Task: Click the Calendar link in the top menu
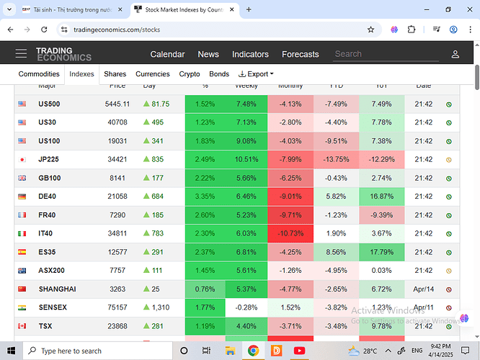point(167,54)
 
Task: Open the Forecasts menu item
point(301,54)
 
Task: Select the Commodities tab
point(39,74)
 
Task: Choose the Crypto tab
point(190,74)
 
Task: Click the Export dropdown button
point(256,74)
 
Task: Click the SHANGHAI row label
point(57,289)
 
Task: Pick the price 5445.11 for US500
point(117,104)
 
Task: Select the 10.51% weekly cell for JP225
point(246,159)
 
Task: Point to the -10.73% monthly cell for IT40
point(290,233)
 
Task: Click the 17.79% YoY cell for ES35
point(381,252)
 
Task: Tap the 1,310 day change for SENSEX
point(161,307)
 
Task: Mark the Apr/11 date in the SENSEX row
point(424,307)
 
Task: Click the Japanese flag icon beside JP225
point(22,159)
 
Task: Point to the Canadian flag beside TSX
point(22,326)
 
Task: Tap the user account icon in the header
point(455,54)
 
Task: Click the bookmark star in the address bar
point(370,30)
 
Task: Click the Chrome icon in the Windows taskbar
point(254,351)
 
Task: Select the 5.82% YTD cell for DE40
point(336,197)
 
